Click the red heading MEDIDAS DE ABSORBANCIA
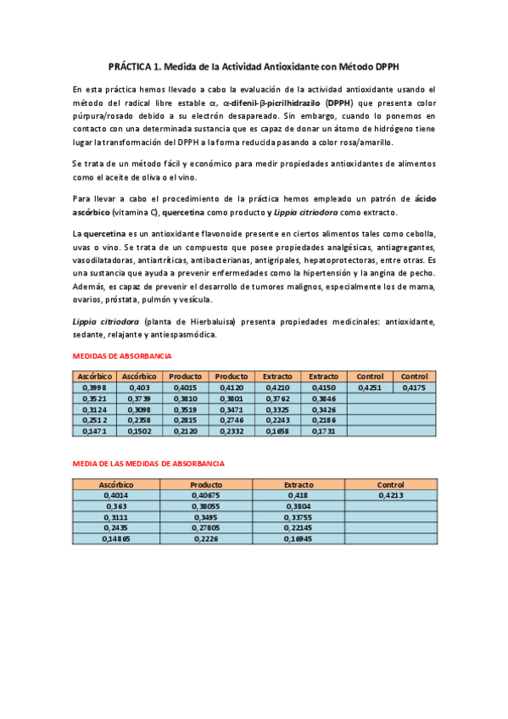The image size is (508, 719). point(122,356)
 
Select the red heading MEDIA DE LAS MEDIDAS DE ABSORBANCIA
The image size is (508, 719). point(148,464)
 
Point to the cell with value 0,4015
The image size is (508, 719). point(185,387)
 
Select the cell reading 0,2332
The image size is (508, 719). point(231,431)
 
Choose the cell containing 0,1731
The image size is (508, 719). point(323,431)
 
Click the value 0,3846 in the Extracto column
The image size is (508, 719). point(323,398)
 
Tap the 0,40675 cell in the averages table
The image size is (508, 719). point(205,494)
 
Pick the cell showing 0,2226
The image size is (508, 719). point(205,538)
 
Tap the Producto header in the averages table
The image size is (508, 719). point(205,484)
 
